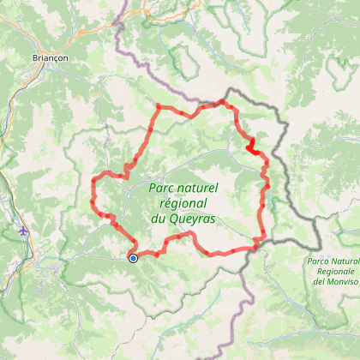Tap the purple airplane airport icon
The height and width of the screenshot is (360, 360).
click(x=21, y=231)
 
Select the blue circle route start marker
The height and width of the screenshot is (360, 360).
click(x=133, y=257)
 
